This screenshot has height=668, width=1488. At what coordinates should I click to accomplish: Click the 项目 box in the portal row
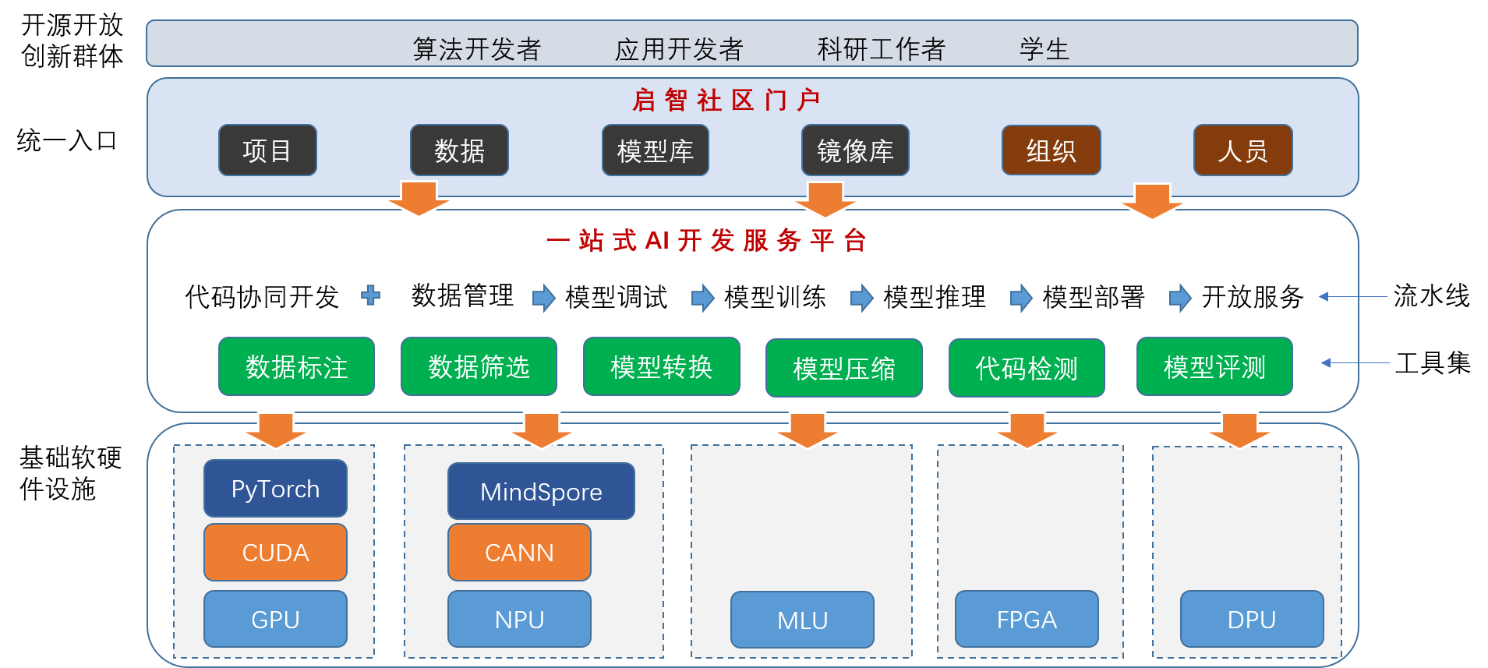pos(267,150)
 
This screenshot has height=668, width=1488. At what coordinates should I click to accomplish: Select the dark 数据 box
pos(459,150)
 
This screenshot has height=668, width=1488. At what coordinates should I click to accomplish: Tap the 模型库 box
pos(655,150)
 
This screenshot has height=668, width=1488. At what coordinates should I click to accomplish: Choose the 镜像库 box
pos(855,150)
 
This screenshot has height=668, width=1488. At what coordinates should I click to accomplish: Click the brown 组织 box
pos(1051,150)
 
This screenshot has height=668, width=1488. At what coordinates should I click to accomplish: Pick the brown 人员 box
pos(1242,150)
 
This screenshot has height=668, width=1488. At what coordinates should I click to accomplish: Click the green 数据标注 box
pos(296,366)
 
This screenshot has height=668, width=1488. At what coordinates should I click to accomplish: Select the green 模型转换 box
pos(661,366)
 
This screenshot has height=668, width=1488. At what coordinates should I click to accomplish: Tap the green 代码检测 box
pos(1026,368)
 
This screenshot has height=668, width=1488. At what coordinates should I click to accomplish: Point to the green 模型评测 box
pos(1214,366)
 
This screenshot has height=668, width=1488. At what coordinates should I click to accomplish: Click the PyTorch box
pos(275,489)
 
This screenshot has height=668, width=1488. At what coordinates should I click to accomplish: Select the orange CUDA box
pos(275,552)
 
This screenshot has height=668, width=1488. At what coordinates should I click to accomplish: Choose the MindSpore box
pos(541,492)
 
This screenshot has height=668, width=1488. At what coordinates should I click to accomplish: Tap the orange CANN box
pos(519,552)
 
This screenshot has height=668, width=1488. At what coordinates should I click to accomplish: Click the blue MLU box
pos(802,620)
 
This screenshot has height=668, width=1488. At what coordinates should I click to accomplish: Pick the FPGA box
pos(1026,619)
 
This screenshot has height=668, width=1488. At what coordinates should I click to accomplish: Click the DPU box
pos(1251,619)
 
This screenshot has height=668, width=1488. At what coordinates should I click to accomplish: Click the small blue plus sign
pos(370,295)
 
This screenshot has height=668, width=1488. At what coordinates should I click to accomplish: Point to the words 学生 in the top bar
pos(1044,49)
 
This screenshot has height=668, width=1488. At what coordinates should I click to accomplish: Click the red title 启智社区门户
pos(726,100)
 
